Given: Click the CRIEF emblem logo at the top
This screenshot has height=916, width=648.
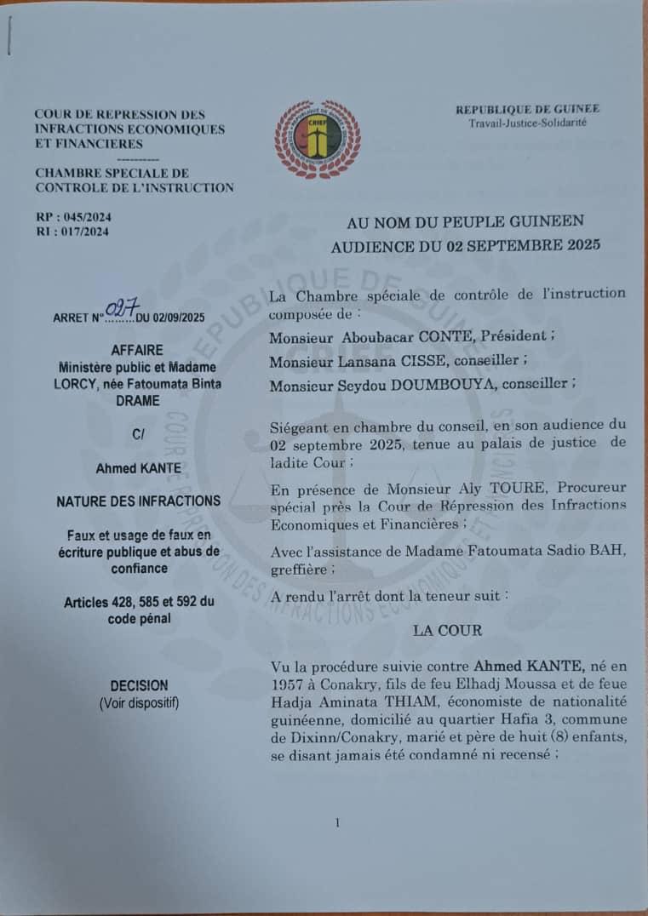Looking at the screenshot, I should (317, 139).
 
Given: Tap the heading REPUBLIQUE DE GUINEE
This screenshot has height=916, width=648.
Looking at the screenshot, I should (527, 109).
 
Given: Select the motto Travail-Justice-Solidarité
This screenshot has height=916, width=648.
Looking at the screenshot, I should (527, 123).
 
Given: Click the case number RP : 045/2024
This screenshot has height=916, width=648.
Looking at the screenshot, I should (73, 216).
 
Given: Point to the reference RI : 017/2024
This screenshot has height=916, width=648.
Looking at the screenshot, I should (72, 231).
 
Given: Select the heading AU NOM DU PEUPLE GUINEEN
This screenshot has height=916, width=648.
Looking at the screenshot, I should (465, 222).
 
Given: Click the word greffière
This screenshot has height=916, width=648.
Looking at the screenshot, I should (296, 566).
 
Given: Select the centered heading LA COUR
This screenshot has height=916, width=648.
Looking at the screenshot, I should (447, 631).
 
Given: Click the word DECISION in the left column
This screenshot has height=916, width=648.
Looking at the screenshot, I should (139, 685).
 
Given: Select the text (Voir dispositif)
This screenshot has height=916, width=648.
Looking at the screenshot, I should (139, 703).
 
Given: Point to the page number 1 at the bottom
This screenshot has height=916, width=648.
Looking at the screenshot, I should (338, 822).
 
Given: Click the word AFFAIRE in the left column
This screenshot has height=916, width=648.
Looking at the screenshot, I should (137, 350).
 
